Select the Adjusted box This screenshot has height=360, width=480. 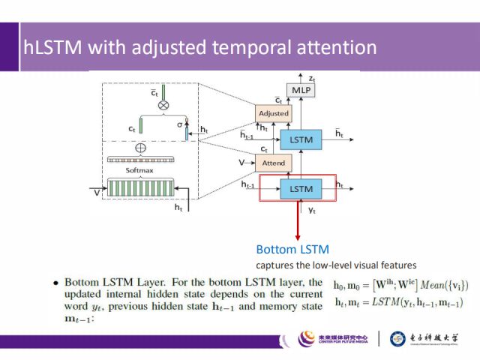[x=273, y=113]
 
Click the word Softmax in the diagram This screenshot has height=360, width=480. [x=139, y=170]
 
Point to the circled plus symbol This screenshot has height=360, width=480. [x=139, y=148]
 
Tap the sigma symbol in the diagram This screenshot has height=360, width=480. [x=180, y=124]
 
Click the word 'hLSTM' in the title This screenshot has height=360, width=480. [x=52, y=48]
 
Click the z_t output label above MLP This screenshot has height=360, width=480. [x=312, y=76]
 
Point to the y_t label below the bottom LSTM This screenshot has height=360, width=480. [x=312, y=211]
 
